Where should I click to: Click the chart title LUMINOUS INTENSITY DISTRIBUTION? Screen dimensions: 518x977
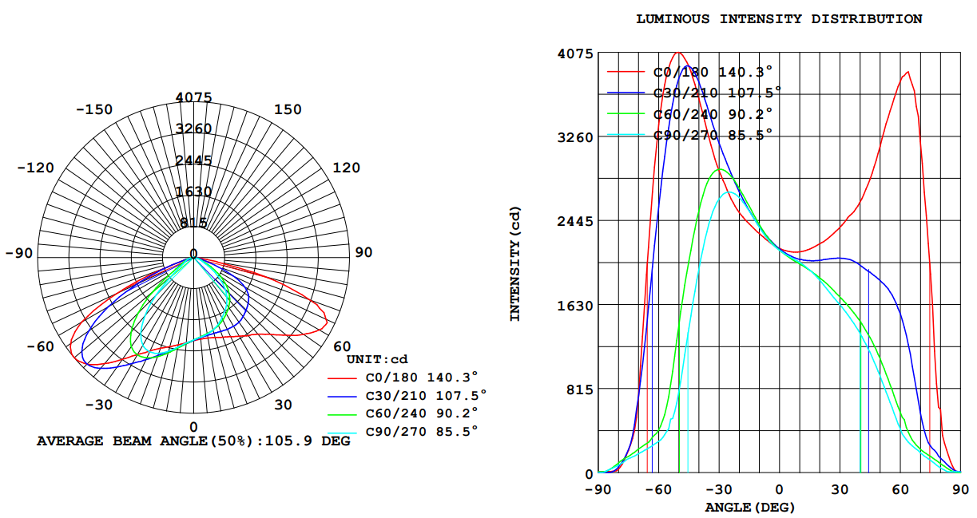(779, 19)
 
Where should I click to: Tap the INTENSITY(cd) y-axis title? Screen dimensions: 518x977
(515, 263)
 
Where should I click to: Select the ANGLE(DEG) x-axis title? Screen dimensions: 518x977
(750, 507)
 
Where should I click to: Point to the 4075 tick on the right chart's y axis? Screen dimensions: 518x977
(574, 53)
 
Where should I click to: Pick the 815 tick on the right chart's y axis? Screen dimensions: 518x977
(578, 389)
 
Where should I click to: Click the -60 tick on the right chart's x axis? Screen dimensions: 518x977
(658, 489)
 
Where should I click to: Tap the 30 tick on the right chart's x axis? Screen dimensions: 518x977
(840, 489)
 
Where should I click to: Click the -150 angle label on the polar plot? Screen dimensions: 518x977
(94, 109)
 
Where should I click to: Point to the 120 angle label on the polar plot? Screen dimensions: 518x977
(346, 168)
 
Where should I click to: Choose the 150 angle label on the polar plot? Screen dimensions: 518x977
(288, 109)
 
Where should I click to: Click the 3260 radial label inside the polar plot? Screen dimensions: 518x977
(193, 129)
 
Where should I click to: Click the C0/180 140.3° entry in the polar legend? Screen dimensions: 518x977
(421, 377)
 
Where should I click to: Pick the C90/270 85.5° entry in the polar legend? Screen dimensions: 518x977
(421, 431)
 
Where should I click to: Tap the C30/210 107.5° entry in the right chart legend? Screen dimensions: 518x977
(717, 92)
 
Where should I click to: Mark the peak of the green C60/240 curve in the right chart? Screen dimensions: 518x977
(720, 169)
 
